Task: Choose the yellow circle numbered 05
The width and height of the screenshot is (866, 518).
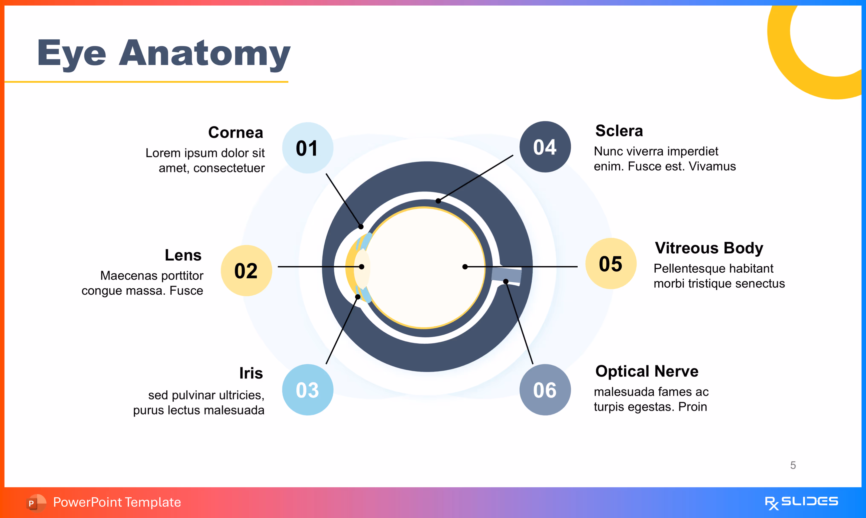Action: [611, 263]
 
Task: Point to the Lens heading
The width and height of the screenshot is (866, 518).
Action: [183, 255]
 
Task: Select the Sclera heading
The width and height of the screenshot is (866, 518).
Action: [619, 131]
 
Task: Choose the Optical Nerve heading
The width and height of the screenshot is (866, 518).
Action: [647, 371]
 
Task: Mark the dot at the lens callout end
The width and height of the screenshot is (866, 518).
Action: [362, 267]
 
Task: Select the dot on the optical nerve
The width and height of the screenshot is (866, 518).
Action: [506, 281]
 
